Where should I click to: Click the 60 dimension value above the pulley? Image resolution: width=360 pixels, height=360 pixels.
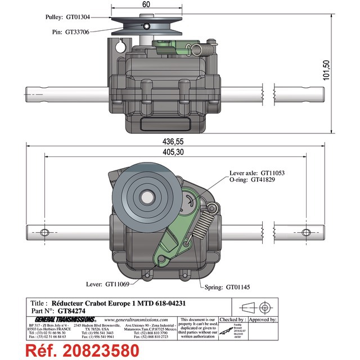pyautogui.click(x=146, y=5)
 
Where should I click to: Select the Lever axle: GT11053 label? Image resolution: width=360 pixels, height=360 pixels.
pyautogui.click(x=258, y=173)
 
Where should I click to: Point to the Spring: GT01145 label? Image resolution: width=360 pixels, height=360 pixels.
pyautogui.click(x=231, y=286)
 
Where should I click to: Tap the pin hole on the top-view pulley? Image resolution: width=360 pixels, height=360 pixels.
pyautogui.click(x=146, y=26)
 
